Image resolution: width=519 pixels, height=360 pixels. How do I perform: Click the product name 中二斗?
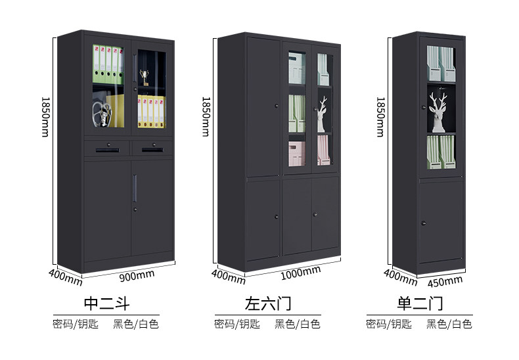(x=107, y=304)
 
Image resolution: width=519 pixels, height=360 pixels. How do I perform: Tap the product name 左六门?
(x=267, y=304)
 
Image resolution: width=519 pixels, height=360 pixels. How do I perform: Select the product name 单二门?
(x=420, y=304)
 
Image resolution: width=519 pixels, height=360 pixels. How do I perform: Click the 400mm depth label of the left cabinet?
(x=65, y=276)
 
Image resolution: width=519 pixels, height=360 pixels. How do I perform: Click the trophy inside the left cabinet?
(x=143, y=78)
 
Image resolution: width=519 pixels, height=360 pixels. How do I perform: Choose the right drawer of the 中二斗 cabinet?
(x=152, y=148)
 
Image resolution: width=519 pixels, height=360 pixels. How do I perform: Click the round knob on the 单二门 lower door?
(x=423, y=221)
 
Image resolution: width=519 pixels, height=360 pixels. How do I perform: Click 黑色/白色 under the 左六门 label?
(x=297, y=324)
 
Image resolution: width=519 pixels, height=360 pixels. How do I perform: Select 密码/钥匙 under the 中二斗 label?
(x=76, y=324)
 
